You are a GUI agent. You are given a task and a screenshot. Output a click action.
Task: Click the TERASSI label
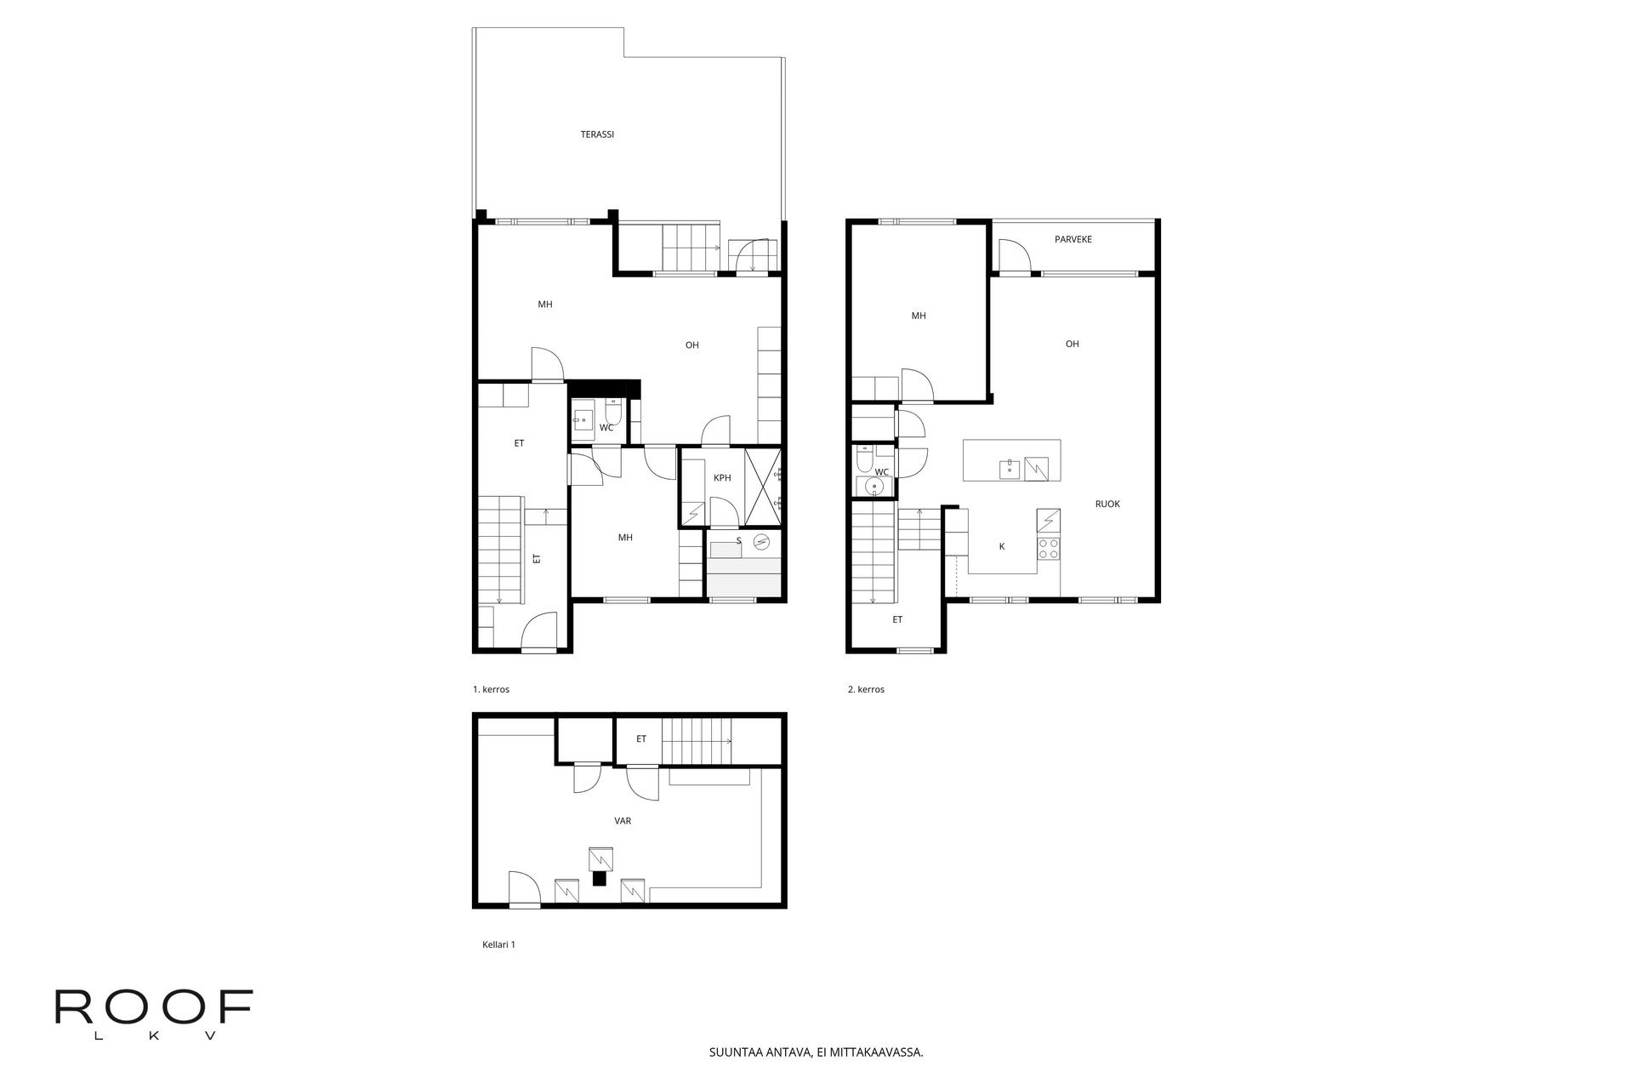click(597, 134)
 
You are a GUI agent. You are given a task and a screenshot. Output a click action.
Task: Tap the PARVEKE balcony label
click(1073, 240)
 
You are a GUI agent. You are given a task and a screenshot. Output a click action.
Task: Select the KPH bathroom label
click(722, 478)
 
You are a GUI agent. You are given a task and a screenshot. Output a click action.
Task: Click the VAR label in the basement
click(623, 822)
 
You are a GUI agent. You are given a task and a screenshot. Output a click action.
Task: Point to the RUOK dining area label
click(1107, 505)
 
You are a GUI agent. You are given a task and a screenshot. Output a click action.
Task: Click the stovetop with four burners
click(1048, 549)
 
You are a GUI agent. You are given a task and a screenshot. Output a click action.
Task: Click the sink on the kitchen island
click(1010, 467)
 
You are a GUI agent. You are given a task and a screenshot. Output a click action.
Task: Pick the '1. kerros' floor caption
click(491, 690)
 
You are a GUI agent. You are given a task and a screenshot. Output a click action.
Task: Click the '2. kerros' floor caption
click(866, 690)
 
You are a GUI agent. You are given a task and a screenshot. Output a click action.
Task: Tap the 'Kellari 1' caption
click(498, 944)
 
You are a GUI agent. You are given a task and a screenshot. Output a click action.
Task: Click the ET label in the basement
click(641, 739)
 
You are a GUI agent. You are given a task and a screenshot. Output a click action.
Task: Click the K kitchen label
click(1002, 547)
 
